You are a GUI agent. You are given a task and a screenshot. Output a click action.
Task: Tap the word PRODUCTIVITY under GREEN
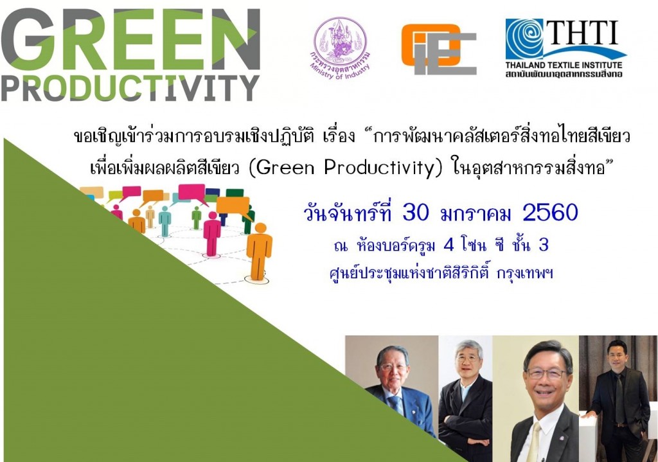(x=130, y=87)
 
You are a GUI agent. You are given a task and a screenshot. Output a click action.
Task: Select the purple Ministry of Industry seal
(x=340, y=48)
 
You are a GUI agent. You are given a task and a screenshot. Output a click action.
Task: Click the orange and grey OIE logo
(x=438, y=49)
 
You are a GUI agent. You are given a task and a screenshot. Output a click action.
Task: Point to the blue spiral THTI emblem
(x=524, y=39)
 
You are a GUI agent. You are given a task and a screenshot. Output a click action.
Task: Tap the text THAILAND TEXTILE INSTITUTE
(x=564, y=65)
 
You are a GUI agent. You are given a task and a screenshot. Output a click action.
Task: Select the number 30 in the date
(x=416, y=213)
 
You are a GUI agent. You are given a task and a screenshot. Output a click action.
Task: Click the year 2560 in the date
(x=551, y=213)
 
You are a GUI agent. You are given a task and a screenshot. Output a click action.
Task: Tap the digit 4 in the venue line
(x=449, y=245)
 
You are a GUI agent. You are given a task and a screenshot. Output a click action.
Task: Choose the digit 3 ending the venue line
(x=544, y=245)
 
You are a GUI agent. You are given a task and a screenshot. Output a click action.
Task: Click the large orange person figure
(x=259, y=251)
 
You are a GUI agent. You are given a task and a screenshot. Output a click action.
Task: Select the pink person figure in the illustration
(x=212, y=233)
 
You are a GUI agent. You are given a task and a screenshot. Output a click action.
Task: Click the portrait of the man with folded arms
(x=465, y=398)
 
